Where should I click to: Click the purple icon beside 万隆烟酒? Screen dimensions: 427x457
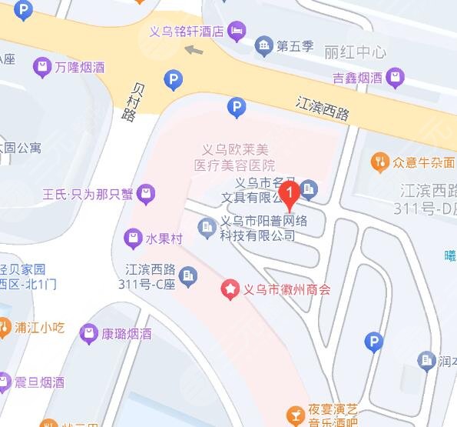[x=41, y=68]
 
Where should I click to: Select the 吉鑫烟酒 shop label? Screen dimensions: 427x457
[x=357, y=77]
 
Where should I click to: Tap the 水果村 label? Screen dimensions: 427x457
[x=164, y=239]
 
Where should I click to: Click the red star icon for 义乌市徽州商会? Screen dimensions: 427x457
[x=230, y=290]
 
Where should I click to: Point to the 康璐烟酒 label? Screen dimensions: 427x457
[x=126, y=334]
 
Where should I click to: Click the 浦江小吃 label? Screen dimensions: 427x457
[x=39, y=326]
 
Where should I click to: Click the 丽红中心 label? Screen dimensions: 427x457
[x=355, y=53]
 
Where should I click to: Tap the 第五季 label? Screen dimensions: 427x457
[x=296, y=46]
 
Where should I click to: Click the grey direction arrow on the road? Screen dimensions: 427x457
[x=194, y=50]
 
